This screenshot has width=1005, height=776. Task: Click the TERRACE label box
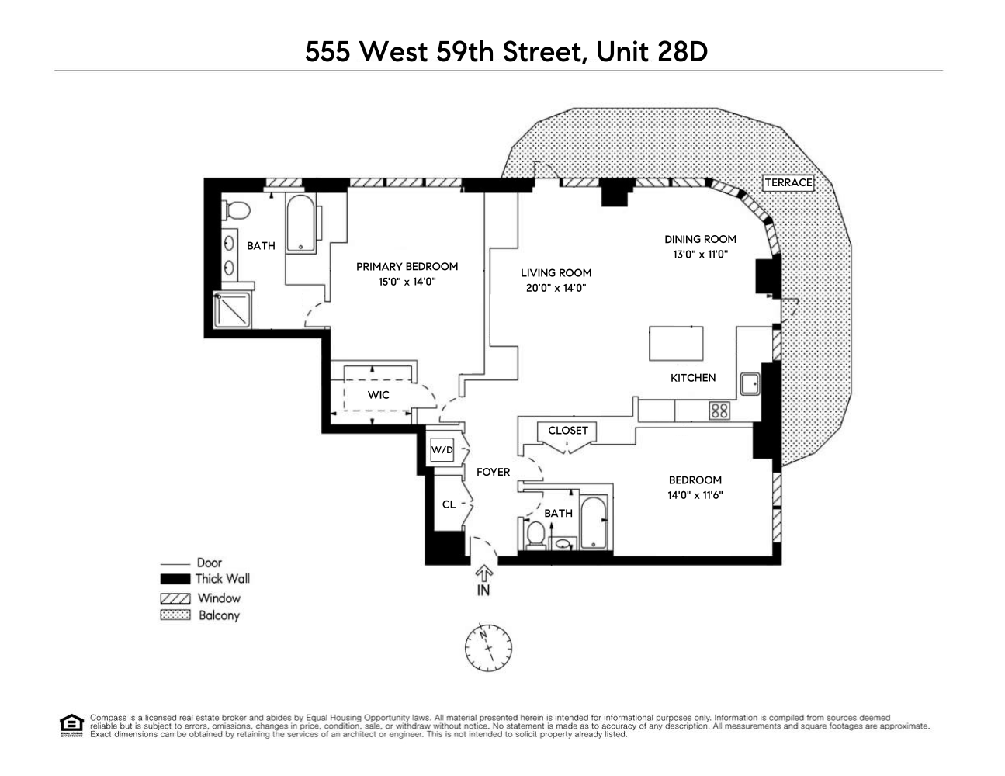point(788,183)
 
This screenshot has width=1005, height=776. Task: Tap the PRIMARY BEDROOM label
point(407,267)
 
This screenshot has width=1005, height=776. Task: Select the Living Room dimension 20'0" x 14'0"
point(556,288)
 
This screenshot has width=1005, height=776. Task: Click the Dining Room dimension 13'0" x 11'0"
point(700,254)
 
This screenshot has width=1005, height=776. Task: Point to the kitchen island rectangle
point(676,344)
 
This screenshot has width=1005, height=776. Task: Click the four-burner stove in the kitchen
point(719,410)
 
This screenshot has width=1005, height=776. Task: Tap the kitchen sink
point(749,384)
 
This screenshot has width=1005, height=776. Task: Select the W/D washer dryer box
point(442,449)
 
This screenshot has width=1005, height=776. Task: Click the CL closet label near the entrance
point(449,504)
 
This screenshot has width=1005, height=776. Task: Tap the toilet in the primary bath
point(236,210)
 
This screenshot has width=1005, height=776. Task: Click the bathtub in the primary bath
point(300,223)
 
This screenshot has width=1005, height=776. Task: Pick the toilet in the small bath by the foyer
point(535,535)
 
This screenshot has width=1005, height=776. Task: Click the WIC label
point(379,395)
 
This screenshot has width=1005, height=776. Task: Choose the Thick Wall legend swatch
point(175,579)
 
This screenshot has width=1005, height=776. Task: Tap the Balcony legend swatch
point(175,615)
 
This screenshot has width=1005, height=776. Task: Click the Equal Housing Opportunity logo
point(71,725)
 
